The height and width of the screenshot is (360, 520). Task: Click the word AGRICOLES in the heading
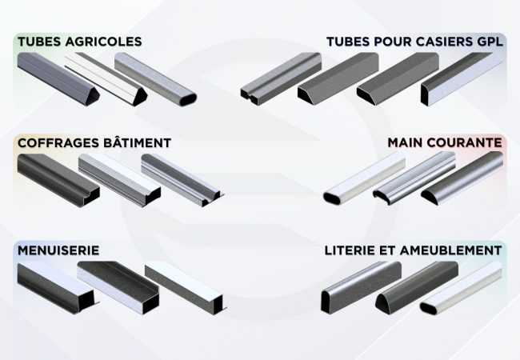[103, 42]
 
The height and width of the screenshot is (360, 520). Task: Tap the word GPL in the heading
[490, 42]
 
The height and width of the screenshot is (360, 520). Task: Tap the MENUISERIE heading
[58, 250]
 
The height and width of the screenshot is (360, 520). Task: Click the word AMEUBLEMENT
[451, 250]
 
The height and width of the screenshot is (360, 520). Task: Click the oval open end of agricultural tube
[188, 99]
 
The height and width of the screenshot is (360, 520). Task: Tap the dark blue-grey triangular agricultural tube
[58, 79]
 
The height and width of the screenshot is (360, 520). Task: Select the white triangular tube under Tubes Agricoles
[106, 79]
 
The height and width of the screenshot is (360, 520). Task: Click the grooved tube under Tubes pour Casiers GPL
[281, 79]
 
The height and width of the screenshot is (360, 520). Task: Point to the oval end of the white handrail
[332, 198]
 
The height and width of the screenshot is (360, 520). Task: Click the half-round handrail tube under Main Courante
[462, 178]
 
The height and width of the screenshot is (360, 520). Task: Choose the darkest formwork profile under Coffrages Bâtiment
[58, 180]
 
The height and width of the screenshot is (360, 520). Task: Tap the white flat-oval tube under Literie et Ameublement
[461, 288]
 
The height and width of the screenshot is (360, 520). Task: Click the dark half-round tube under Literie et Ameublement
[417, 288]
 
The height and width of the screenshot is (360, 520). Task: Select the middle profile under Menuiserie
[118, 288]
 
